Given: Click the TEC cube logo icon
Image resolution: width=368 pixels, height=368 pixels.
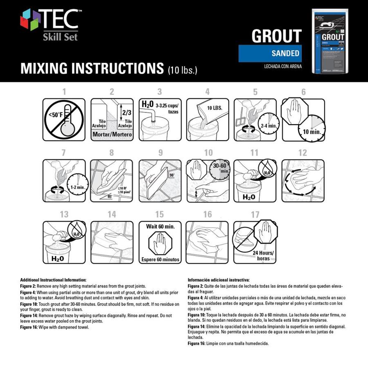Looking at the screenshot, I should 30,20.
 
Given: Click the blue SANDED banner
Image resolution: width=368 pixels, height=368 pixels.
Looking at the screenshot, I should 270,54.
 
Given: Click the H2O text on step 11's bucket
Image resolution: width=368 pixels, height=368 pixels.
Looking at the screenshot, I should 250,197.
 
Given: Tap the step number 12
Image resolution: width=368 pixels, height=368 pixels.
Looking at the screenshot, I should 303,153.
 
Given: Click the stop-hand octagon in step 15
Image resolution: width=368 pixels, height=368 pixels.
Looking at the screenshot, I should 160,244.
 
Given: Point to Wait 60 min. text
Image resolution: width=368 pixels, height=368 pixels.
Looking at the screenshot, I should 160,226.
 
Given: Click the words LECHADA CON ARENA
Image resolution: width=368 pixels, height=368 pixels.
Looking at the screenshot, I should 283,66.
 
